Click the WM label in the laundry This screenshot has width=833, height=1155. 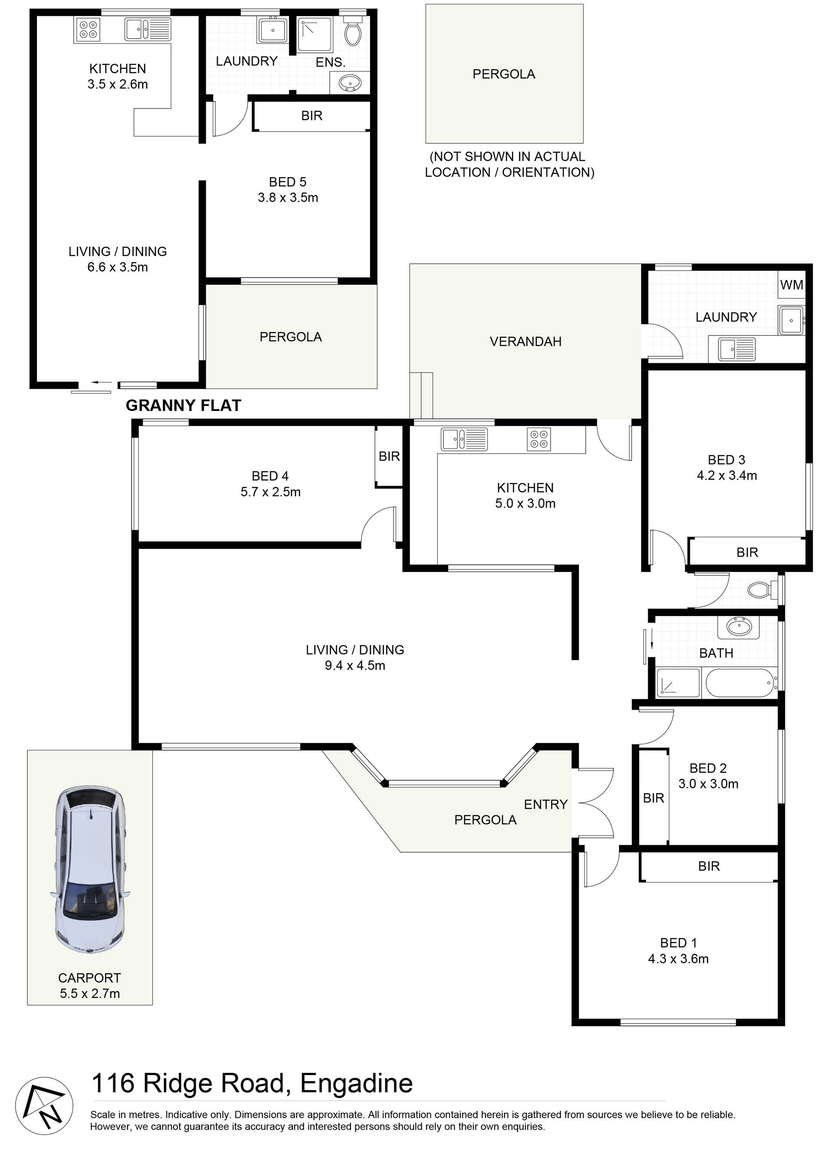tap(791, 285)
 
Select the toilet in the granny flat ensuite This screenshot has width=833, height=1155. tap(353, 31)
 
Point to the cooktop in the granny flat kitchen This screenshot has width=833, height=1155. tap(88, 29)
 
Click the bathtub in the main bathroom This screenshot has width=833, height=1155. tap(741, 683)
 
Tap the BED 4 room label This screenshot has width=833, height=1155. tap(270, 476)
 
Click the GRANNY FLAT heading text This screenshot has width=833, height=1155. tap(183, 405)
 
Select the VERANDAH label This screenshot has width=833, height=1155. tap(525, 341)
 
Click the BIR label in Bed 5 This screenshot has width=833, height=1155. tap(312, 115)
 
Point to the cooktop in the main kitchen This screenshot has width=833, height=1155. tap(539, 440)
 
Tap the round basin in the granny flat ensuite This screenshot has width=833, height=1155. tap(350, 82)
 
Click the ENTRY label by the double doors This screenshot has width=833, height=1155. tap(545, 804)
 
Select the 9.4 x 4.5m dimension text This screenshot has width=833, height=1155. tap(355, 665)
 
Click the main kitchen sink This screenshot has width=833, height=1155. tap(464, 439)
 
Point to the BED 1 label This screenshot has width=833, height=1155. tap(678, 943)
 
